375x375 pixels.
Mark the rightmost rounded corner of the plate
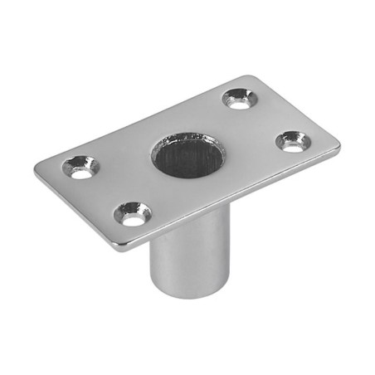click(336, 148)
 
